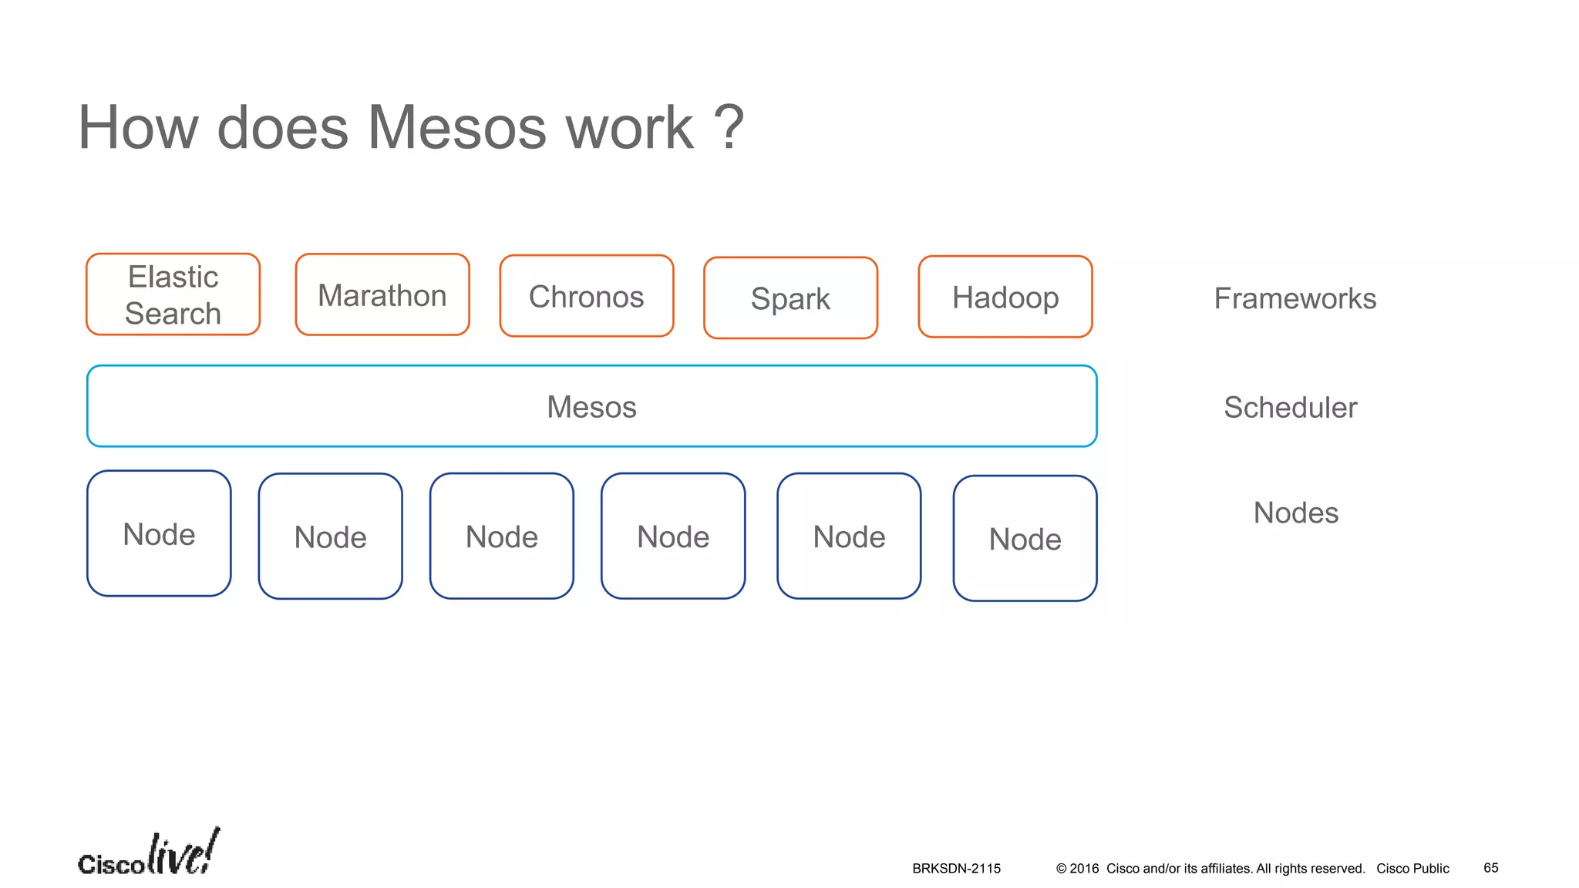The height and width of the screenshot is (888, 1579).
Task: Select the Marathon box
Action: click(382, 295)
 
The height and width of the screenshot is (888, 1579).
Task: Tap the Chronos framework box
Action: click(587, 297)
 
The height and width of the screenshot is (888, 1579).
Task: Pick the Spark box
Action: click(790, 298)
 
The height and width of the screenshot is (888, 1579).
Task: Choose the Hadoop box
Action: click(1005, 298)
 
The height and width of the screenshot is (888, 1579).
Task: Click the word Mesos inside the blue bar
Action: click(591, 407)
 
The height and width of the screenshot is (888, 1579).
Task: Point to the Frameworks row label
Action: click(1295, 298)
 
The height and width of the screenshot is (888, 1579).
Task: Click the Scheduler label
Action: click(1290, 407)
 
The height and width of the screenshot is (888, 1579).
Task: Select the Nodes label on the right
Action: click(1295, 513)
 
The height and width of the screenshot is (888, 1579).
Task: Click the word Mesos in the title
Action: click(457, 127)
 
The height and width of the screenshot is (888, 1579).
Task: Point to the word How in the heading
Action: click(138, 127)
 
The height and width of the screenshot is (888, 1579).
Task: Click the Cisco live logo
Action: click(148, 854)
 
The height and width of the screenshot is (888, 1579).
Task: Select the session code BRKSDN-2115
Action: click(956, 869)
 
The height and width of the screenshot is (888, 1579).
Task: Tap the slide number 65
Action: click(1490, 868)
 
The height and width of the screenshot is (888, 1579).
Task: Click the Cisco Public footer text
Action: click(1412, 869)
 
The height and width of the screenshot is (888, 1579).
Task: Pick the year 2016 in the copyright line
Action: click(1084, 869)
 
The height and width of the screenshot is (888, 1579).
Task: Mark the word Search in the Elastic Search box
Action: click(173, 314)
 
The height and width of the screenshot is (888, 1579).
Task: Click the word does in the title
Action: click(283, 127)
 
